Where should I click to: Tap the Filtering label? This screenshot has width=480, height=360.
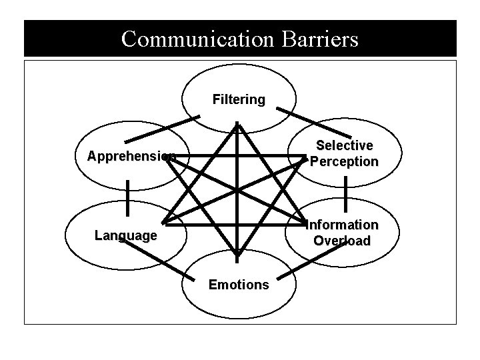238,100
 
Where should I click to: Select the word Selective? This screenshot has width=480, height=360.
344,145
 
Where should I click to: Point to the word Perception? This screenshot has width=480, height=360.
344,161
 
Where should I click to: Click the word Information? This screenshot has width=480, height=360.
342,225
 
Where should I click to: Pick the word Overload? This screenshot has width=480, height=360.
342,241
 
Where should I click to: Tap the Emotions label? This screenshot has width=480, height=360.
239,285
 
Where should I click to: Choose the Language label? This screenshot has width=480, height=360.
126,235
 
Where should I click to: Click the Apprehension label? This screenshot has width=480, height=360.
131,157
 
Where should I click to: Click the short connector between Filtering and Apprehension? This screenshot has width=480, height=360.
162,129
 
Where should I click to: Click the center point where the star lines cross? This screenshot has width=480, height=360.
237,190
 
